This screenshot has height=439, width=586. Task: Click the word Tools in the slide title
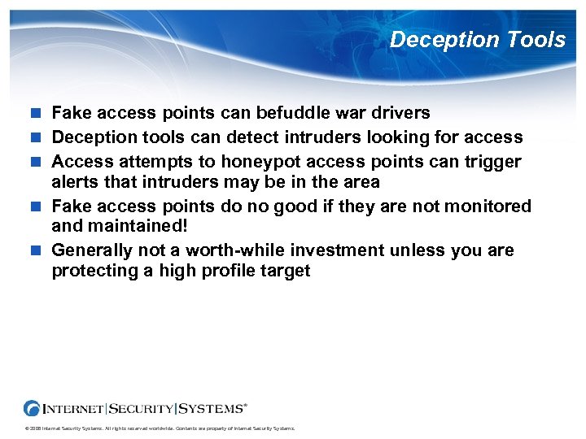click(x=534, y=39)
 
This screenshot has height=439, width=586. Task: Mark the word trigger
click(x=493, y=161)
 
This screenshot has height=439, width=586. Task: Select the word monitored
click(x=485, y=206)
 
